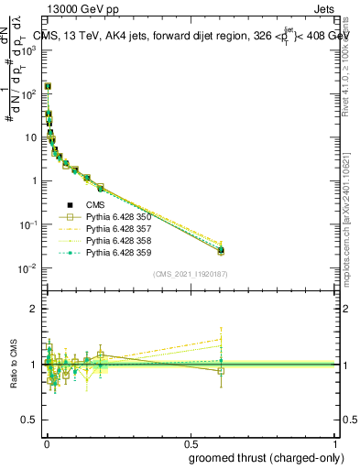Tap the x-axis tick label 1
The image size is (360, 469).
pyautogui.click(x=334, y=442)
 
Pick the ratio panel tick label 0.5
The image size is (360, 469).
pyautogui.click(x=30, y=420)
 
